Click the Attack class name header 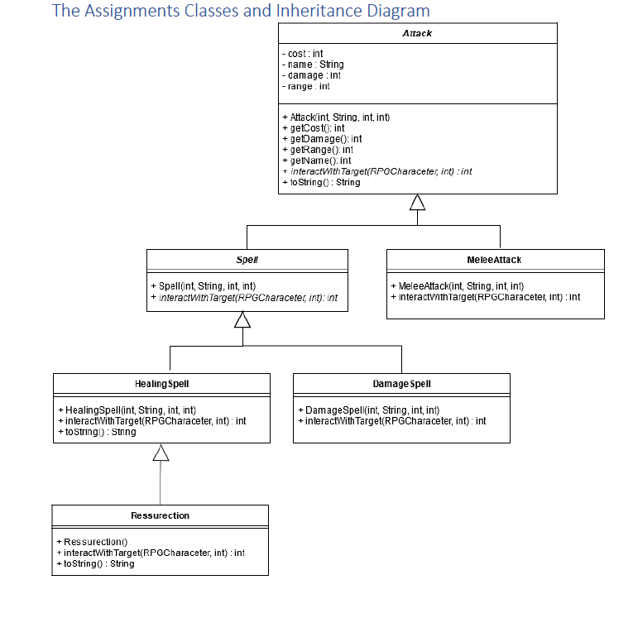417,34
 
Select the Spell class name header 247,259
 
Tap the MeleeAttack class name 495,259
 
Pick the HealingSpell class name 161,384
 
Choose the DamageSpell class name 401,384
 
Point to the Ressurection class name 160,515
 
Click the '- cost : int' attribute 303,54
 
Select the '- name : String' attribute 313,65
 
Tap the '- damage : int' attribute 311,75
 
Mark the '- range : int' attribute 306,86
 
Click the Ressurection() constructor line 92,542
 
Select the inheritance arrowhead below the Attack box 418,203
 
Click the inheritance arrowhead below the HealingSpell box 161,452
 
